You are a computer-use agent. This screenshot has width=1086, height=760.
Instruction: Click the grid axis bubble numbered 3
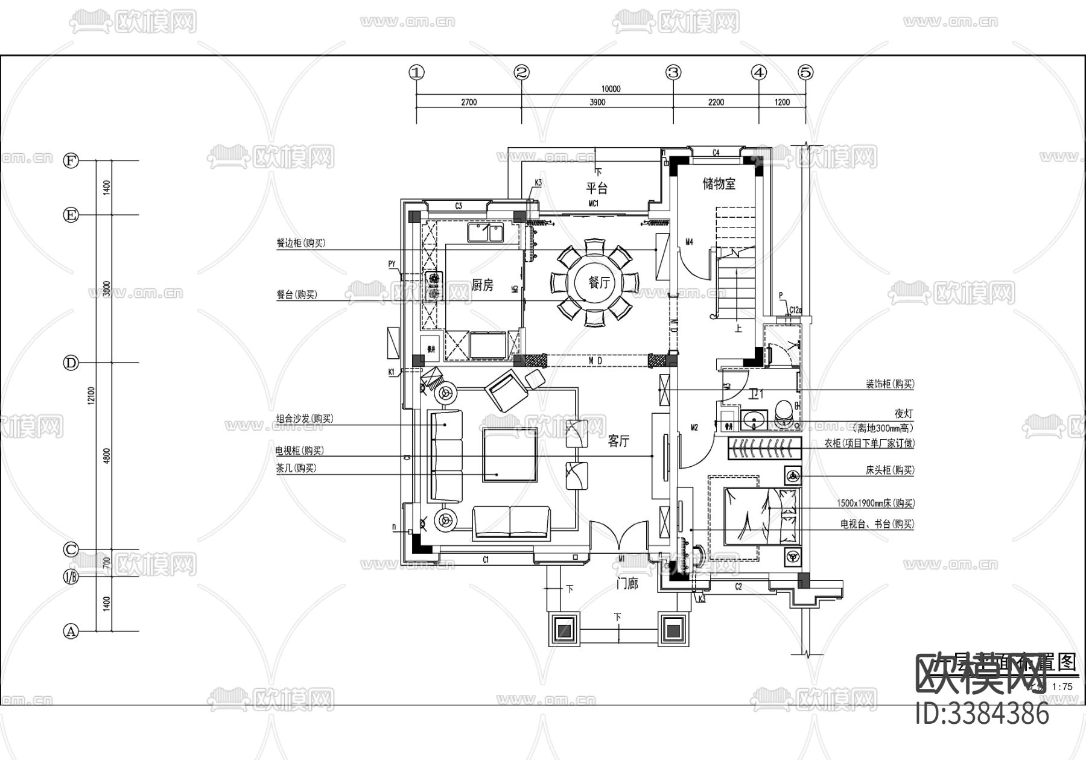coord(673,72)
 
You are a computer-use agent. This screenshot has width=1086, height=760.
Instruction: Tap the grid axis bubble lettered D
coord(71,363)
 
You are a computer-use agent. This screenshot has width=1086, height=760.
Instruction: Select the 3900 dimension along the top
coord(597,103)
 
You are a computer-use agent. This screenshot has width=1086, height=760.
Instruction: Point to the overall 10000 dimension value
coord(611,89)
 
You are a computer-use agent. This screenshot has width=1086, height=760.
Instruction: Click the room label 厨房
coord(482,285)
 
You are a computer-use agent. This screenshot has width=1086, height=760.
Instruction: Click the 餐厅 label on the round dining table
coord(599,282)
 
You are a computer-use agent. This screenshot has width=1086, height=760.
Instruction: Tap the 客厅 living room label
coord(618,442)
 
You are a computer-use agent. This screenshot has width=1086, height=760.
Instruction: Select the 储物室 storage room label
coord(719,184)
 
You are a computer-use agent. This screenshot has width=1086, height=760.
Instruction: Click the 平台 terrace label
coord(597,188)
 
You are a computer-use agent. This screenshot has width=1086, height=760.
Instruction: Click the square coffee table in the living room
coord(509,455)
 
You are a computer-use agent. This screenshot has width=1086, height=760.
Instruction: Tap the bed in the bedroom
coord(762,516)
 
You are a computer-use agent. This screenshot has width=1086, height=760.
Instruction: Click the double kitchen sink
coord(485,232)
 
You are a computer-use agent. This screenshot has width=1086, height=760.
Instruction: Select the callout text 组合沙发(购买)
coord(305,419)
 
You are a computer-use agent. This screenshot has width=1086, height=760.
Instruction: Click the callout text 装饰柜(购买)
coord(890,384)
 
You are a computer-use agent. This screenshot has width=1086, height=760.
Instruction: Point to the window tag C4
coord(716,153)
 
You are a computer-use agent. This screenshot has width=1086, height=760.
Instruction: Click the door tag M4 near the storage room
coord(689,242)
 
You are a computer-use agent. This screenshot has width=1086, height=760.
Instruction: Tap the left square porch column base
coord(565,630)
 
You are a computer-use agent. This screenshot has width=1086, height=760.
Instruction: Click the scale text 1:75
coord(1062,686)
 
